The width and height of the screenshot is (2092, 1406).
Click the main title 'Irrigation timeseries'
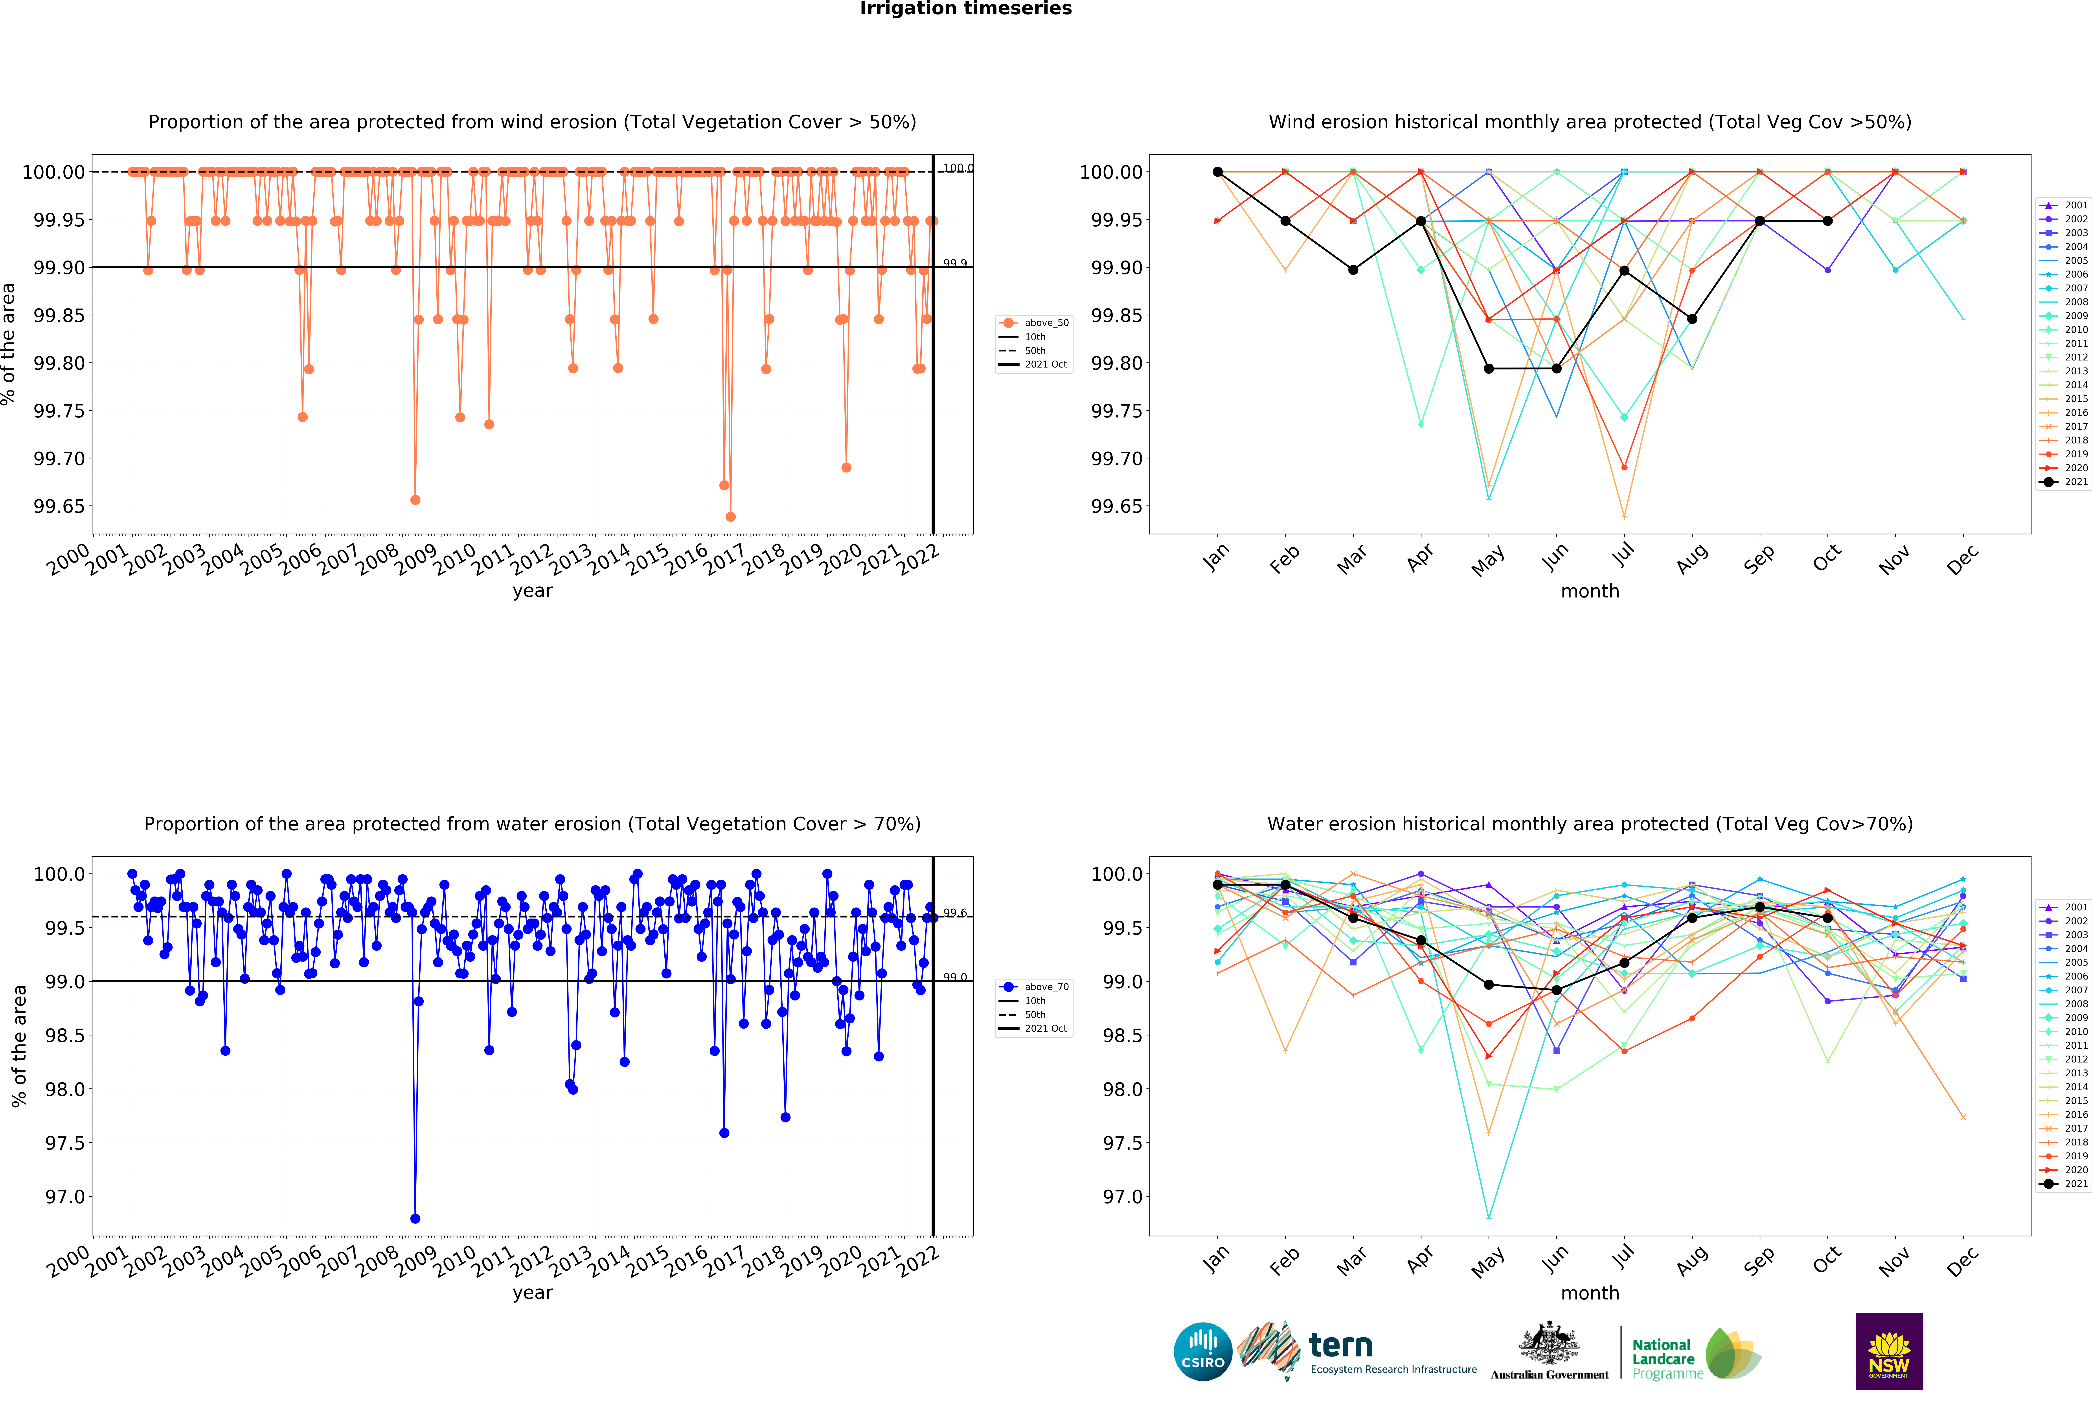966,9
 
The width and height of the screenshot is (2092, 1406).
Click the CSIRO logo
1202,1351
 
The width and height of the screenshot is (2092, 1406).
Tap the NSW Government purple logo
1888,1351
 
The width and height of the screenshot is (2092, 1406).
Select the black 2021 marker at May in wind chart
1489,369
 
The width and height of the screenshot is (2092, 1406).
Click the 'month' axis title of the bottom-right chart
1590,1293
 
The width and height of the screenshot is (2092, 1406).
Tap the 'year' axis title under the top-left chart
533,591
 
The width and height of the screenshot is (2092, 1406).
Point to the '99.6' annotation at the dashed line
955,913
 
